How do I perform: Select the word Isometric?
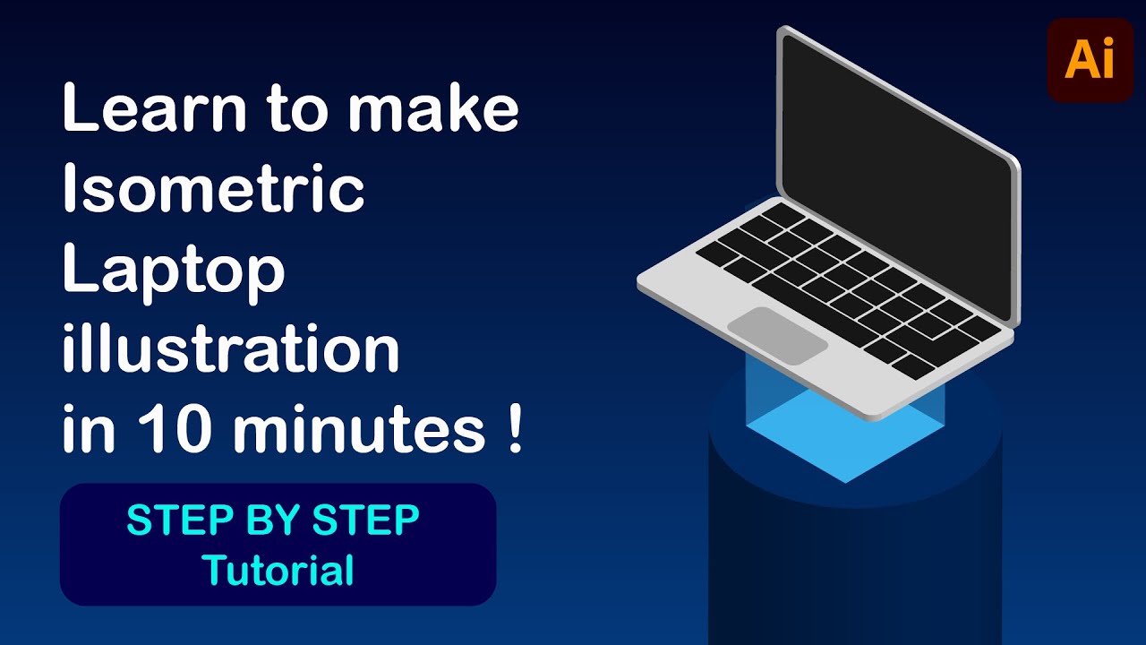tap(213, 190)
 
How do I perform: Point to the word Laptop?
tap(173, 272)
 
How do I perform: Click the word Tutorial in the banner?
tap(278, 571)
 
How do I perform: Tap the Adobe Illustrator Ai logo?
tap(1090, 61)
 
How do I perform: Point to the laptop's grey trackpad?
tap(777, 335)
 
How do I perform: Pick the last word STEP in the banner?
tap(370, 520)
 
